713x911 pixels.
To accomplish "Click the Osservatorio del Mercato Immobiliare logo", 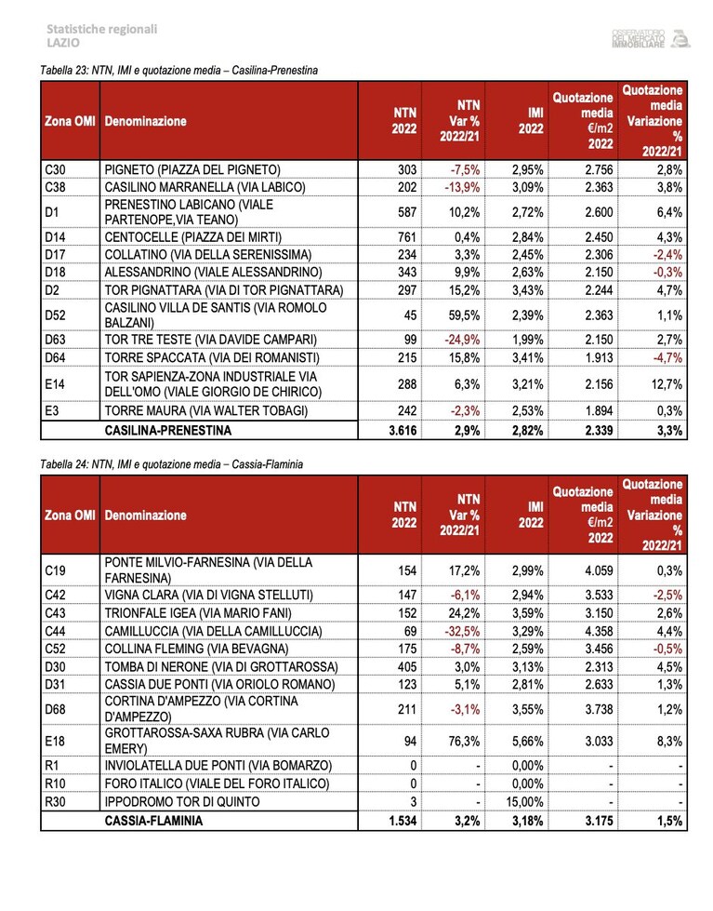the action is pyautogui.click(x=651, y=38).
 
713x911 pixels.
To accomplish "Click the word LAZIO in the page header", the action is pyautogui.click(x=63, y=43).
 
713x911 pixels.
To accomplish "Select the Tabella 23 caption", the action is pyautogui.click(x=178, y=71).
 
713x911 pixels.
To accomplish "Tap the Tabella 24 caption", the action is pyautogui.click(x=171, y=464).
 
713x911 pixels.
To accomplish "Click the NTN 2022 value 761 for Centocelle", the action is pyautogui.click(x=407, y=237).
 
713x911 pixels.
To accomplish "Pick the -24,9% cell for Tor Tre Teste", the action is pyautogui.click(x=462, y=340).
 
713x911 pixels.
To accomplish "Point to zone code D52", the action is pyautogui.click(x=55, y=315).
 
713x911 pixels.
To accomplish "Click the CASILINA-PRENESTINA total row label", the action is pyautogui.click(x=168, y=431).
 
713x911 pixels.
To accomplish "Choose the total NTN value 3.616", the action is pyautogui.click(x=403, y=431).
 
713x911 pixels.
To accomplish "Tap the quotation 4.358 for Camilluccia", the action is pyautogui.click(x=599, y=631).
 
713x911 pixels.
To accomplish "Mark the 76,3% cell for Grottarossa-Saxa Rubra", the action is pyautogui.click(x=465, y=742).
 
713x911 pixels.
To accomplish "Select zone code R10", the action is pyautogui.click(x=55, y=784).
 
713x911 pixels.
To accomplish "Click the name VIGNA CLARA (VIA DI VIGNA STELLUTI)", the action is pyautogui.click(x=208, y=595).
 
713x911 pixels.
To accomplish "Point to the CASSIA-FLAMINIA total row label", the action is pyautogui.click(x=154, y=821).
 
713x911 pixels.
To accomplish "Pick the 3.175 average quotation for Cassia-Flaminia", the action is pyautogui.click(x=599, y=821).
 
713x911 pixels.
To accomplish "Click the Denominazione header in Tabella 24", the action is pyautogui.click(x=145, y=516).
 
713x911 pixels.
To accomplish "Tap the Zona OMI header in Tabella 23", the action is pyautogui.click(x=70, y=121).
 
